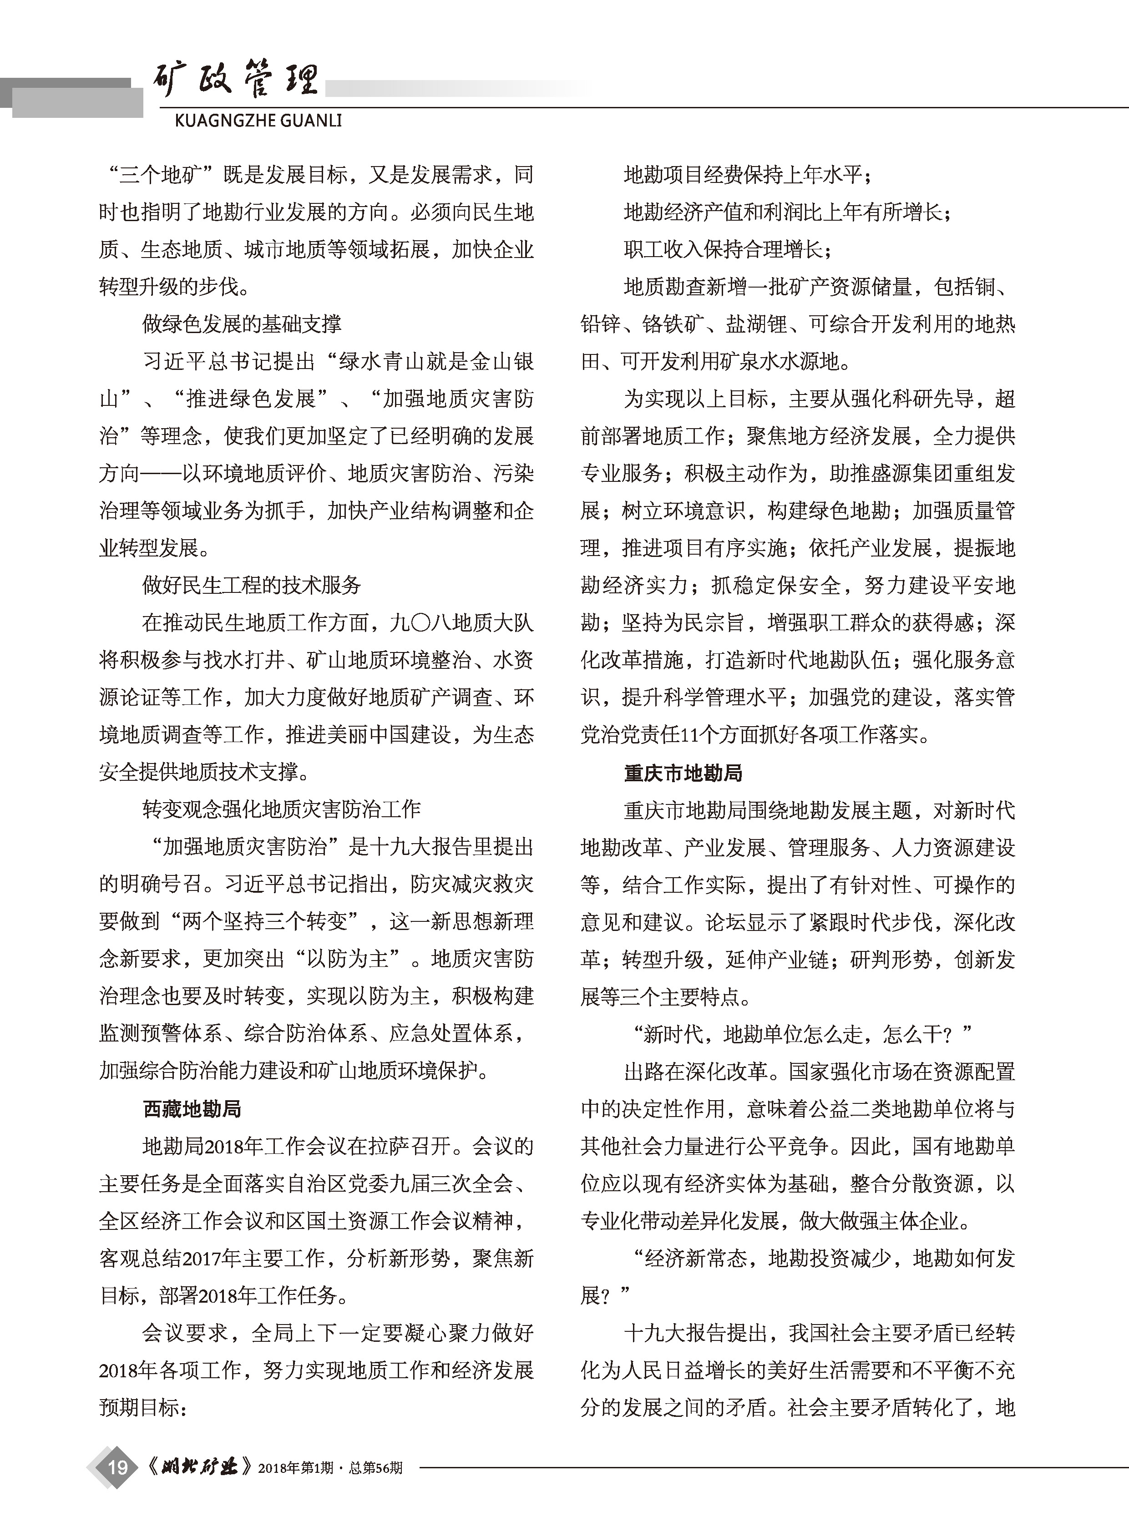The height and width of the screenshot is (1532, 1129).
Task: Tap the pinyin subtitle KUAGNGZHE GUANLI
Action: [x=258, y=121]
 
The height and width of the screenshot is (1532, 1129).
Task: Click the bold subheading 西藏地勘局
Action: [x=192, y=1108]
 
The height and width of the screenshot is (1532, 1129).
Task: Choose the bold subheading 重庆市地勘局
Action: [x=683, y=773]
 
